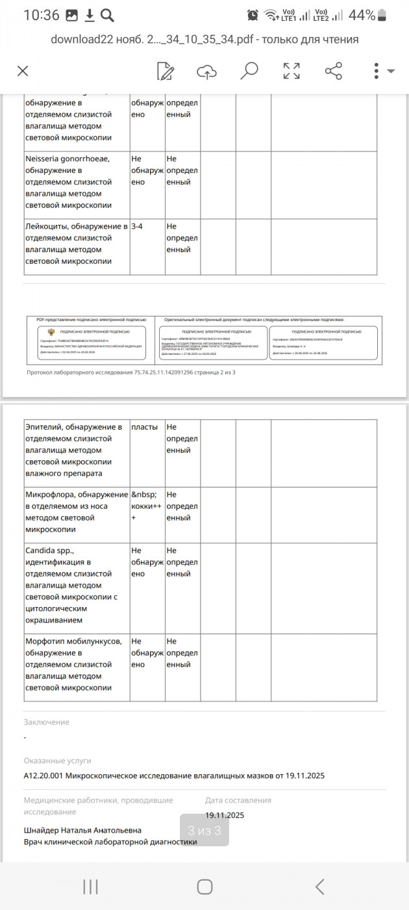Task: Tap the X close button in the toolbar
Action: coord(23,71)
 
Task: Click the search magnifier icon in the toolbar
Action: coord(249,71)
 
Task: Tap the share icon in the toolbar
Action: coord(333,71)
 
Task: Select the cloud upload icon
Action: coord(206,71)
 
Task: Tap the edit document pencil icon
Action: coord(166,71)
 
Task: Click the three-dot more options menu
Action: coord(377,71)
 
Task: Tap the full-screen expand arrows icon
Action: coord(291,71)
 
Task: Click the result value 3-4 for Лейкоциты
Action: coord(137,226)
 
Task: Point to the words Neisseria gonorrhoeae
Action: coord(68,159)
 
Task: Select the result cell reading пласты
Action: coord(144,427)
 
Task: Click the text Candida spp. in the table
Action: coord(50,551)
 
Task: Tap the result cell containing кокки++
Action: coord(146,506)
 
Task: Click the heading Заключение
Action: coord(47,722)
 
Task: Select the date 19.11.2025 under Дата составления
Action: coord(225,815)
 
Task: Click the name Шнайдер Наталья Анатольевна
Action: coord(82,830)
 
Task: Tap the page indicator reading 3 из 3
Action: coord(204,831)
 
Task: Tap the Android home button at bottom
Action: coord(204,887)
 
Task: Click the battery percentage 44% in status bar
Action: coord(361,15)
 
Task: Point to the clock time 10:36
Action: coord(42,15)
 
